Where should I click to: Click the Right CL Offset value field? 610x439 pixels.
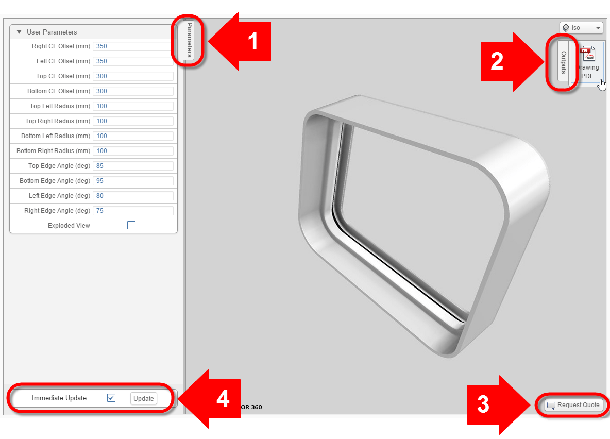[133, 46]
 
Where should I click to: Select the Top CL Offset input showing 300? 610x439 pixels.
[133, 76]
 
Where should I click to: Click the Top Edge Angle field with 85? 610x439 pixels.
[133, 166]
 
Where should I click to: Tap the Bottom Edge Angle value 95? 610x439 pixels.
[133, 180]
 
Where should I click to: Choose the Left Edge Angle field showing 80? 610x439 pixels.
[133, 196]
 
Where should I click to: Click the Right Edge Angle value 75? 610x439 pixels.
[133, 211]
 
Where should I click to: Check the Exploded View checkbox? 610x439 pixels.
[131, 225]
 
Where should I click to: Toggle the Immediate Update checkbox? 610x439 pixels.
[111, 398]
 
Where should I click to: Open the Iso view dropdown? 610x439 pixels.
[582, 28]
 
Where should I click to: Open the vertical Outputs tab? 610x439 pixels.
[563, 62]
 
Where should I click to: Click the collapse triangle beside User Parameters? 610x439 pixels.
[19, 32]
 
